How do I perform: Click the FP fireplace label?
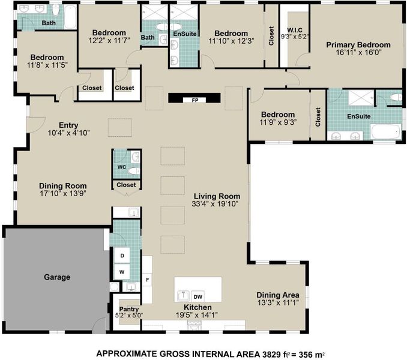195,100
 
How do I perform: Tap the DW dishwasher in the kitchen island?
197,296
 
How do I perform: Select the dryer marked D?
122,256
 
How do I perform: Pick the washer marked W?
122,272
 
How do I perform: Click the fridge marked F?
148,280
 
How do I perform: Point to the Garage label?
57,277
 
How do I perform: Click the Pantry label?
129,309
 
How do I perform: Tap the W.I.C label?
295,30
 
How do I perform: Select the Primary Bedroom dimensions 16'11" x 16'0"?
358,53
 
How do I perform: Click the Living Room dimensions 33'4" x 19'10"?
215,204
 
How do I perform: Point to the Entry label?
68,125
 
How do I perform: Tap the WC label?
122,167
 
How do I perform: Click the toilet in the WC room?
134,171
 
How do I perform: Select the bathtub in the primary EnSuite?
386,131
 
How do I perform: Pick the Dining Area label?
278,295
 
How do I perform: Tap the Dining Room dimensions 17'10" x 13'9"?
63,193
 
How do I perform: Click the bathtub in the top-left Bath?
70,17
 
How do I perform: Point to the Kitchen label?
197,307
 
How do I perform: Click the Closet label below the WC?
126,185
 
